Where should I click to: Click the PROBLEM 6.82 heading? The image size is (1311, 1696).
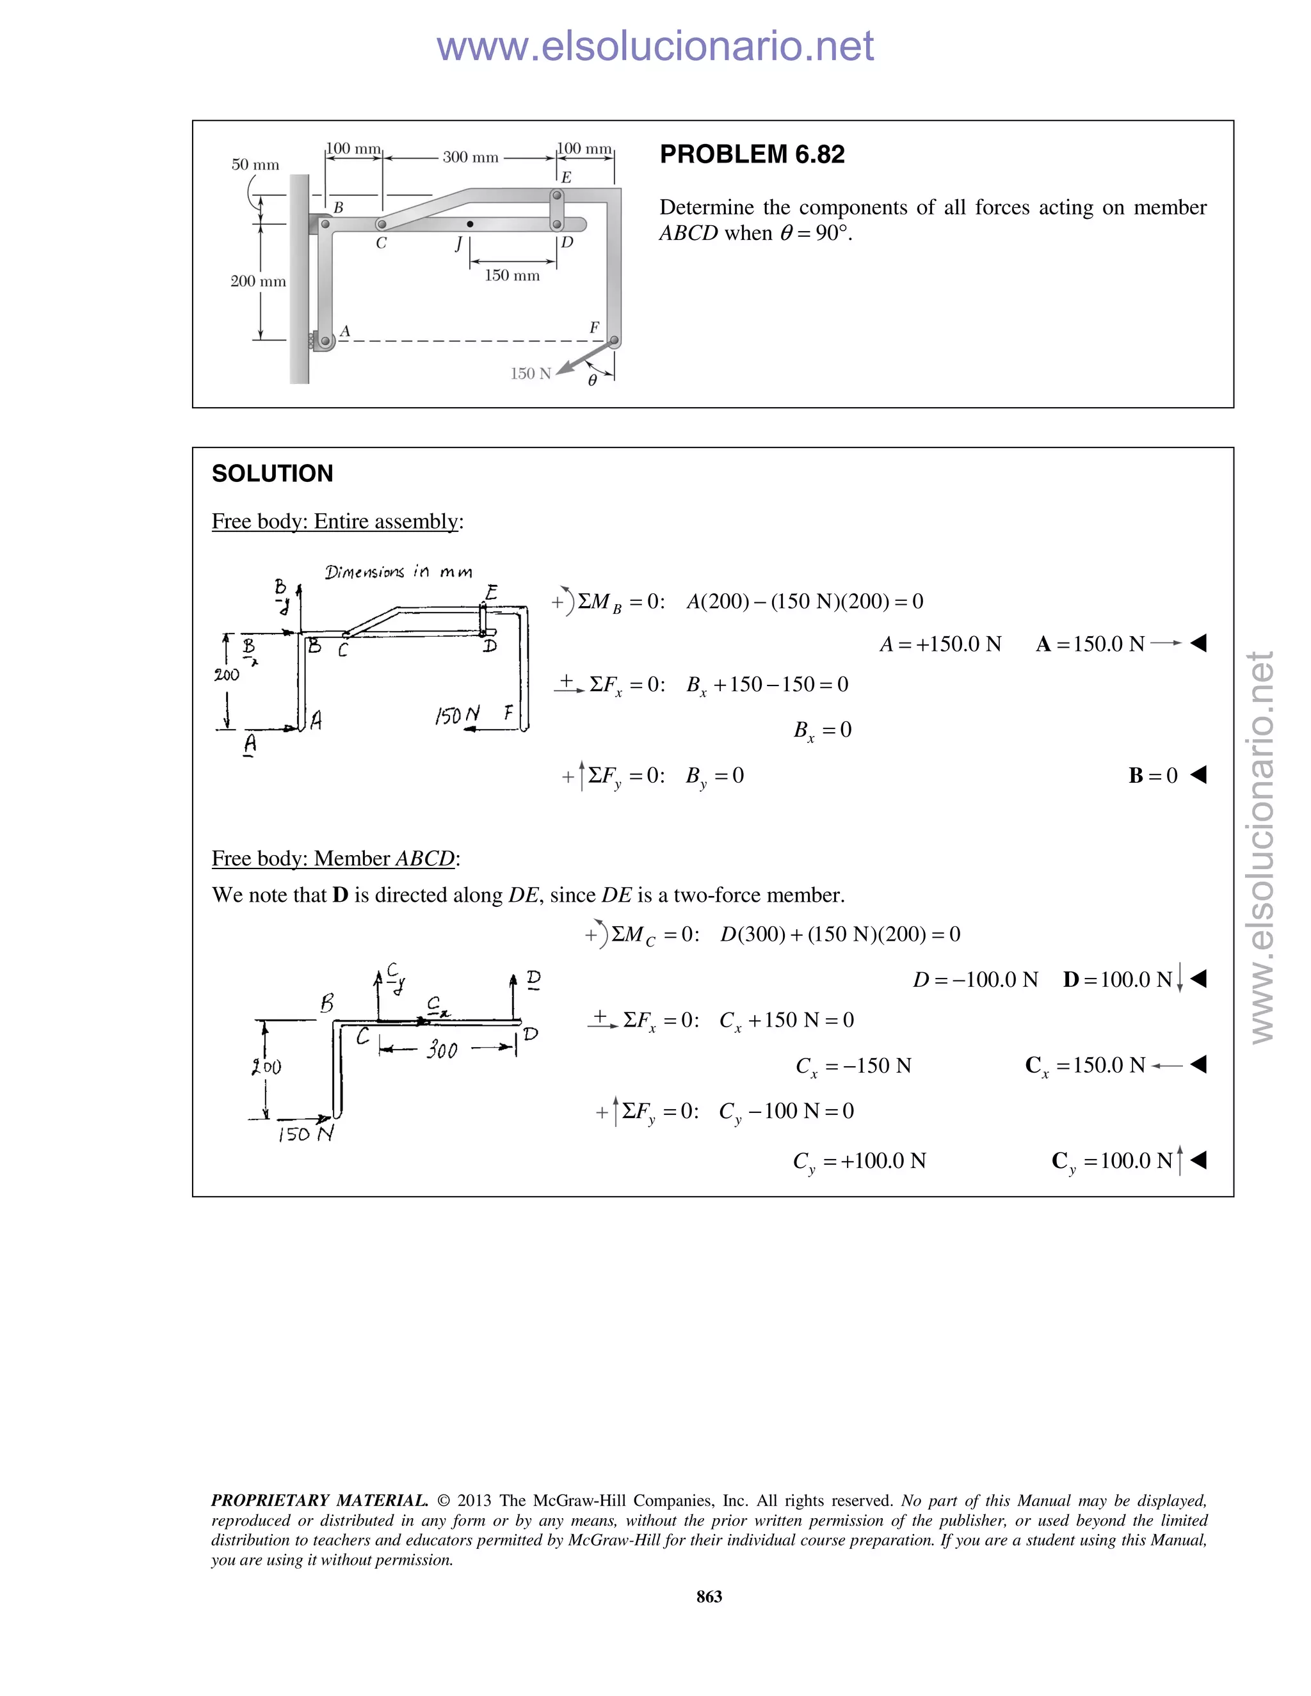(752, 154)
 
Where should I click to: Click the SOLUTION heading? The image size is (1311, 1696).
(272, 473)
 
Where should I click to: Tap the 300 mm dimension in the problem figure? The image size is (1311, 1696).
(470, 157)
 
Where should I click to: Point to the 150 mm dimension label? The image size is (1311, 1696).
(512, 276)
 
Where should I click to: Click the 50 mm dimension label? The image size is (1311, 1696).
(255, 164)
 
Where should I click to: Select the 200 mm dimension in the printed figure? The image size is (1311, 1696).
(257, 281)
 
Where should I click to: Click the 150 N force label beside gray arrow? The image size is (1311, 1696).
(531, 374)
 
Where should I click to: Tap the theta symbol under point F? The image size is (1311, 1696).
(592, 381)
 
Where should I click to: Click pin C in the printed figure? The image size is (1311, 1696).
(382, 225)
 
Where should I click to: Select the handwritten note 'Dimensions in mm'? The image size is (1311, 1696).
(398, 572)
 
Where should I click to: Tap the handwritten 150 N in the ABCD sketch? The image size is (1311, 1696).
(305, 1135)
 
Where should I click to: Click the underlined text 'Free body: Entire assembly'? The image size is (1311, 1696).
(335, 521)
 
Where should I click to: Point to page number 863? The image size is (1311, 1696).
(709, 1596)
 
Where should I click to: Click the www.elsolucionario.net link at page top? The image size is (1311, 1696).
(655, 46)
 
